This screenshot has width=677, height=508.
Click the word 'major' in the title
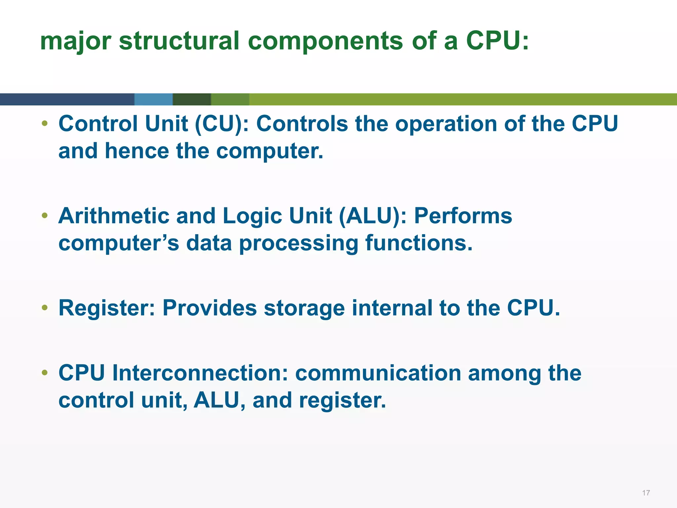(x=75, y=41)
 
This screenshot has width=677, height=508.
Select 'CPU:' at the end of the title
(x=497, y=41)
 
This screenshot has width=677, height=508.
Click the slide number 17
(x=646, y=493)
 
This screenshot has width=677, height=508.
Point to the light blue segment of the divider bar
(x=153, y=99)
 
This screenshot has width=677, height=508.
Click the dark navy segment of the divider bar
(x=66, y=99)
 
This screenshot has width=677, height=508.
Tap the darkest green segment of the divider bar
(x=192, y=99)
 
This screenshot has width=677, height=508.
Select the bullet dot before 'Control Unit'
(x=45, y=124)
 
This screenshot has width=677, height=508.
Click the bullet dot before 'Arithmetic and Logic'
(x=45, y=216)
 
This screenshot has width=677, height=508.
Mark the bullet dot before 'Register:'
(x=45, y=308)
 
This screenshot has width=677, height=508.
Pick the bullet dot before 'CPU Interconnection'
(x=45, y=373)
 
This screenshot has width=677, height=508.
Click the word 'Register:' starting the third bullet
(x=106, y=308)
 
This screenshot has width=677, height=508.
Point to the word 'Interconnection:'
(x=200, y=373)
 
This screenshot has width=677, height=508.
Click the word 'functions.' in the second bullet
(x=419, y=243)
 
